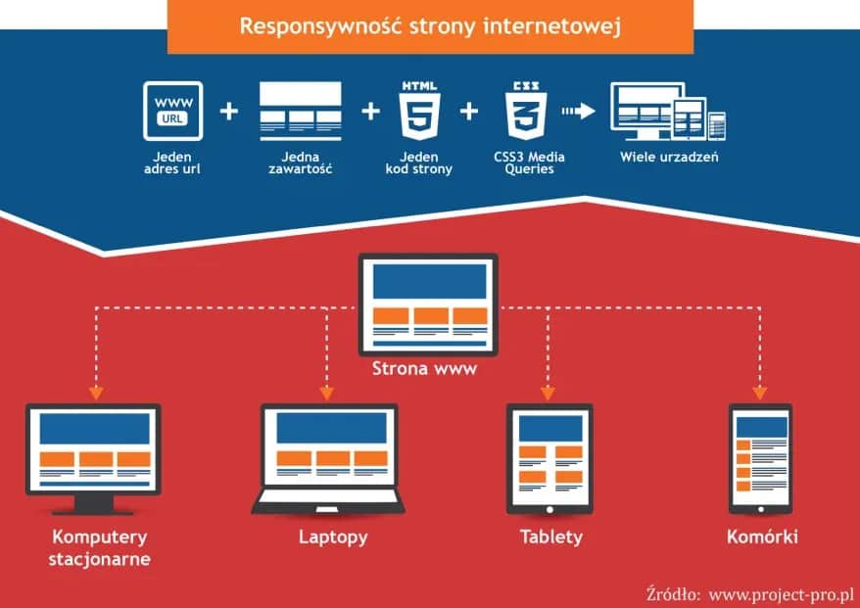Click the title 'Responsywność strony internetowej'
[x=430, y=25]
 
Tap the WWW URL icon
[x=173, y=111]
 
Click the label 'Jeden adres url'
[x=173, y=163]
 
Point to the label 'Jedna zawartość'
[x=300, y=163]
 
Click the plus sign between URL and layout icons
[x=229, y=111]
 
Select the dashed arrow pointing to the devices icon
[x=578, y=111]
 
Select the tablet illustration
[x=549, y=458]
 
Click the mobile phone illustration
[x=760, y=458]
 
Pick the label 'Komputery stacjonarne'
[x=100, y=548]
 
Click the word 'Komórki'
[x=762, y=537]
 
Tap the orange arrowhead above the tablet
[x=548, y=393]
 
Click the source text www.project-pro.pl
[x=782, y=593]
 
